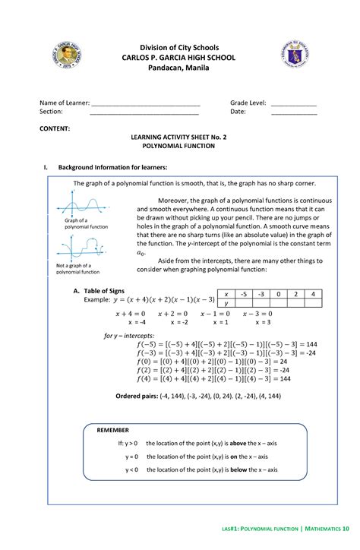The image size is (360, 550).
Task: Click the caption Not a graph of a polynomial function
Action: pos(78,268)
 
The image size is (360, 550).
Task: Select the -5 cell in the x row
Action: pos(242,293)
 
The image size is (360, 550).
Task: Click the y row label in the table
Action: pos(226,302)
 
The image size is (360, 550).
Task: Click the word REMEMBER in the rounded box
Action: pos(113,429)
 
